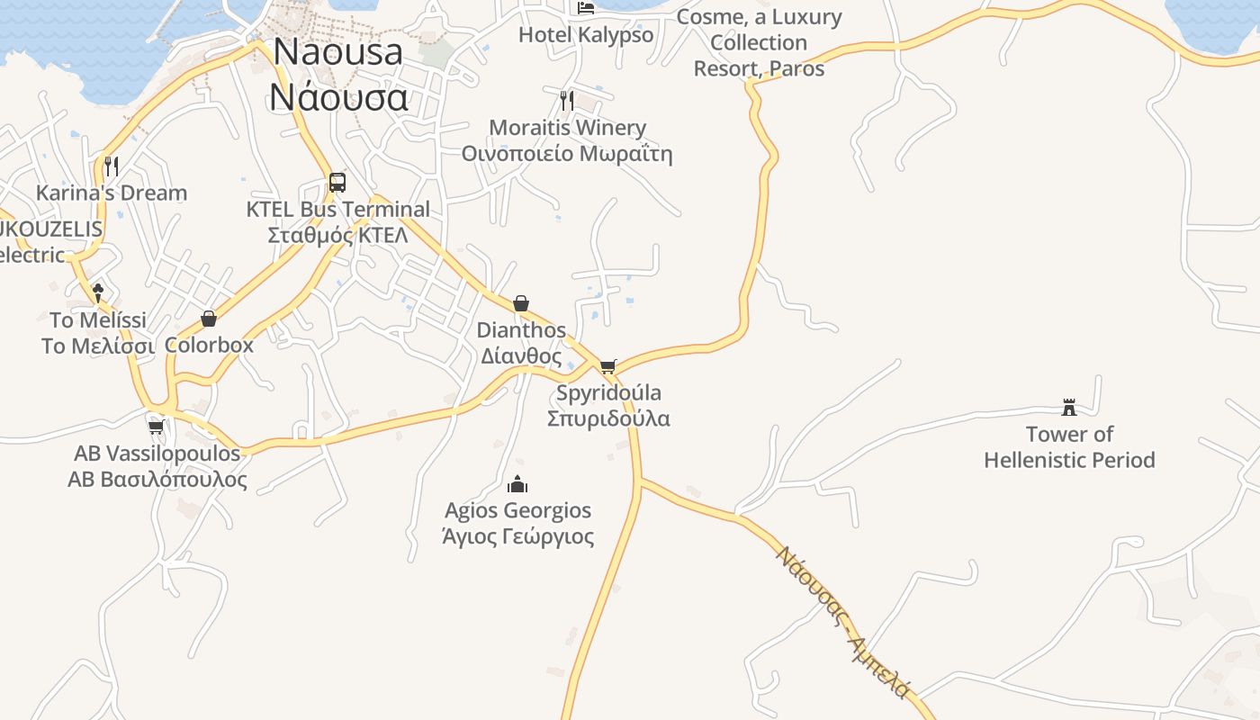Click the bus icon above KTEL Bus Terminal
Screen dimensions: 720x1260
(x=337, y=182)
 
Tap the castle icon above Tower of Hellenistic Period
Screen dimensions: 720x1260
(x=1069, y=407)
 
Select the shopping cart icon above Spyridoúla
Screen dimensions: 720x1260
(x=608, y=366)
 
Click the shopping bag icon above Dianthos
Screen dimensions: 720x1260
(x=521, y=303)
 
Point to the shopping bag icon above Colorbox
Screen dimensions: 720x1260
(x=209, y=319)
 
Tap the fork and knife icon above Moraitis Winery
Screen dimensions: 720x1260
(x=567, y=100)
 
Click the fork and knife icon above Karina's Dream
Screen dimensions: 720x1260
(x=112, y=166)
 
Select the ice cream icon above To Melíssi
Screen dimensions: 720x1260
(x=98, y=292)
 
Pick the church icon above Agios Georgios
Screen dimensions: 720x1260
(x=517, y=484)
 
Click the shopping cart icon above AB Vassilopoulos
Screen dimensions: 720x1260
(x=157, y=426)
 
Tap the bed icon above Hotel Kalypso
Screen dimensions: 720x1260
(x=586, y=9)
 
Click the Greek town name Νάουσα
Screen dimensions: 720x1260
(x=338, y=97)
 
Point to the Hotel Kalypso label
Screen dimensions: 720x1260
(x=586, y=36)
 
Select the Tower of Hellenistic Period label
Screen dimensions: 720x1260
(x=1069, y=447)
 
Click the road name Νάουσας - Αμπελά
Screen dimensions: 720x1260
(x=844, y=621)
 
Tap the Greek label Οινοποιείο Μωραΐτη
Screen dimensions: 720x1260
(x=567, y=154)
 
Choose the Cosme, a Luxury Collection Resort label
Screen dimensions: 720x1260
(x=759, y=42)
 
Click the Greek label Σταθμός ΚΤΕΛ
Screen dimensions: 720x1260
(x=338, y=236)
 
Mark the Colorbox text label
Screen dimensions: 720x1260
(x=209, y=345)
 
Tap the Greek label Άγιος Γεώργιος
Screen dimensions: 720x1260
(x=518, y=537)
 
